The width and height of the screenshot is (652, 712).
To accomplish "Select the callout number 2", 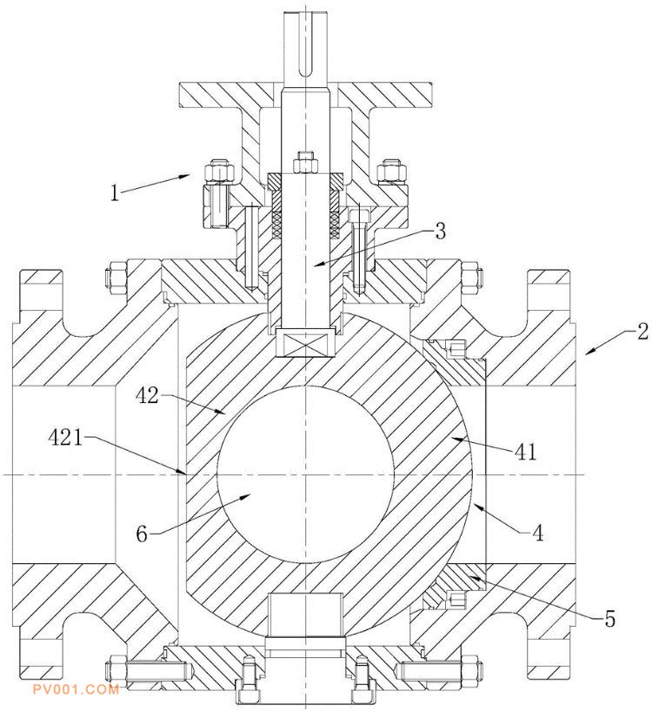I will pos(642,331).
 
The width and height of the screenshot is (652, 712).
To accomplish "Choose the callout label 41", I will pos(526,452).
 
